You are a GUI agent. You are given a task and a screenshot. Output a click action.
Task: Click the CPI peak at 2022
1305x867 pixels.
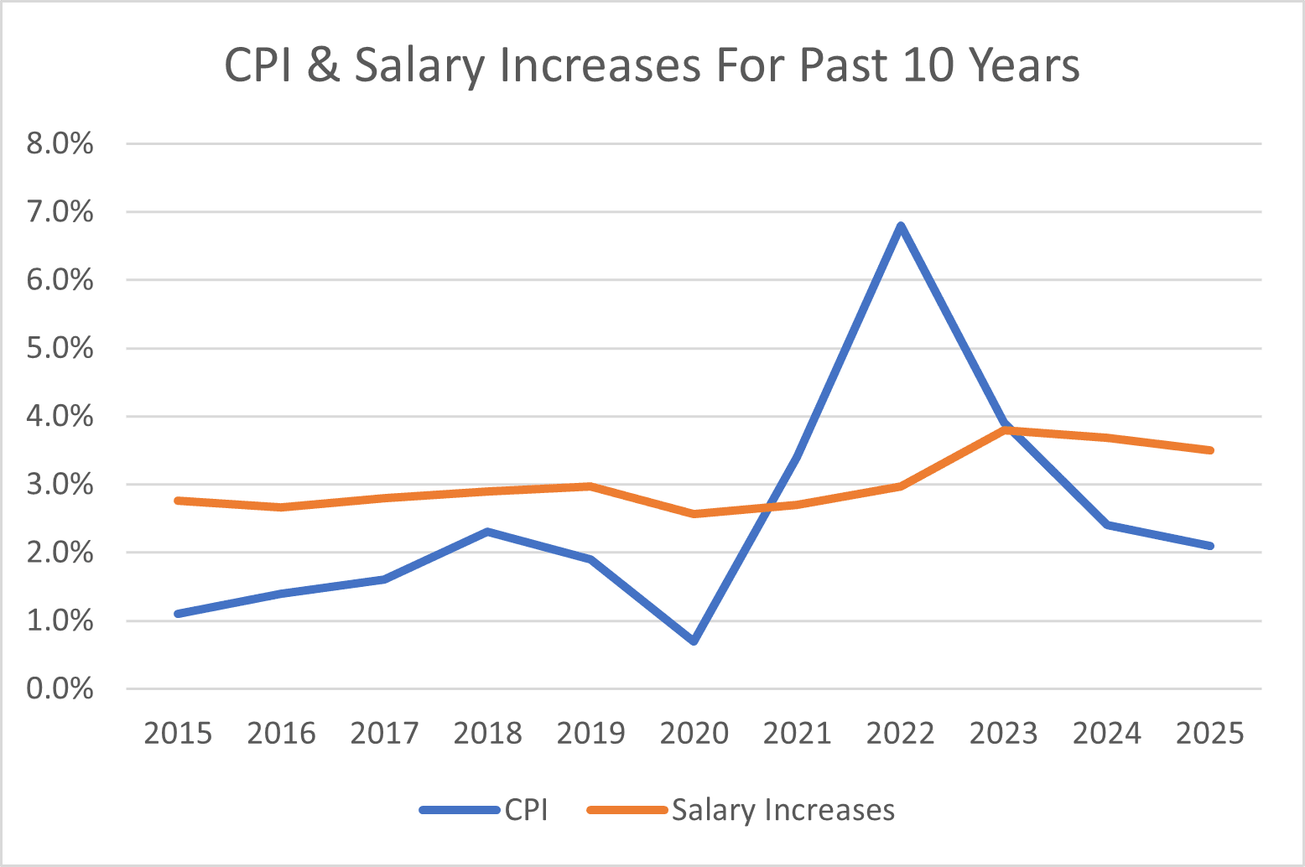tap(901, 225)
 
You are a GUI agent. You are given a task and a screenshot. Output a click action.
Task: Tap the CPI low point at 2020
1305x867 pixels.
tap(694, 641)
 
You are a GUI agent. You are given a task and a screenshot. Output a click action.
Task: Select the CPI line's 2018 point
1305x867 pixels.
tap(488, 532)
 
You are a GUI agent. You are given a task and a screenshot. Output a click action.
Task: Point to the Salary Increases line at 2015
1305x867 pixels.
tap(178, 501)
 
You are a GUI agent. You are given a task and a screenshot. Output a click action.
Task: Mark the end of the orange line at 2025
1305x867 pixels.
tap(1210, 450)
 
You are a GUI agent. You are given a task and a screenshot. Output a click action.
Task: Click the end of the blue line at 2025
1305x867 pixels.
tap(1210, 546)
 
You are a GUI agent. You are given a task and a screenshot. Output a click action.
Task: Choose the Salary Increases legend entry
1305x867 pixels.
tap(741, 810)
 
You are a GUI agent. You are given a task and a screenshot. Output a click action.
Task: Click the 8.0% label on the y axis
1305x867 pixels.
tap(60, 144)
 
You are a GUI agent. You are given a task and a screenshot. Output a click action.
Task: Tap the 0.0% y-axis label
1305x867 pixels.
tap(60, 689)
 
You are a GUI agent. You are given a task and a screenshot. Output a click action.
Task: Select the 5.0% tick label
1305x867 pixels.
tap(60, 348)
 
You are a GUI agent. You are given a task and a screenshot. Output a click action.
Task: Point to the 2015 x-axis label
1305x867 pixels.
tap(178, 734)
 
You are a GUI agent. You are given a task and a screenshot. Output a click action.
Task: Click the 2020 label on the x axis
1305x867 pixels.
tap(694, 734)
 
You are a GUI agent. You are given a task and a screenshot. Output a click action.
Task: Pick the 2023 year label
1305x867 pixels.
tap(1004, 734)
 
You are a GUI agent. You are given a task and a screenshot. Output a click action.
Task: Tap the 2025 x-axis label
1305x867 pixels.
tap(1210, 734)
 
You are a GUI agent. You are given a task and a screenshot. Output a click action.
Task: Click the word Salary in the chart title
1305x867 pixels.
tap(419, 65)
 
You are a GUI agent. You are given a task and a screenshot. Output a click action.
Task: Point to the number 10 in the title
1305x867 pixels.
tap(928, 65)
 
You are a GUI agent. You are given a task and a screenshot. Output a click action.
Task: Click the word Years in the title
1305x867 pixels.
tap(1024, 65)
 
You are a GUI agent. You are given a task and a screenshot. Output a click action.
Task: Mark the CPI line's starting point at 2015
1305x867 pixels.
tap(178, 614)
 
